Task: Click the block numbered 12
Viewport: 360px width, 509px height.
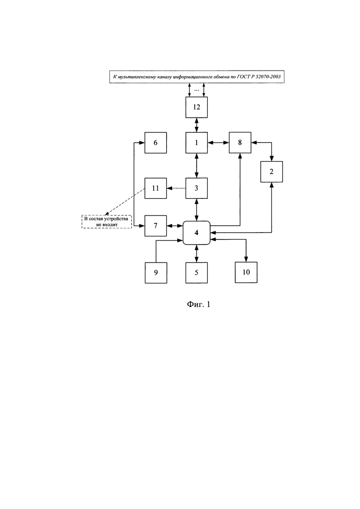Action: click(197, 108)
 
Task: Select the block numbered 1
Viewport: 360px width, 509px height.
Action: click(197, 143)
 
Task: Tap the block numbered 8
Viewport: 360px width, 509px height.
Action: click(240, 143)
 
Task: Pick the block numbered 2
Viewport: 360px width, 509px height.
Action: click(271, 172)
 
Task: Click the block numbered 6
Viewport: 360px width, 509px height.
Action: click(156, 143)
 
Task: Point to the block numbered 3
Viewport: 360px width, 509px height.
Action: click(197, 188)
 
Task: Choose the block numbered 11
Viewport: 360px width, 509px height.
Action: click(156, 188)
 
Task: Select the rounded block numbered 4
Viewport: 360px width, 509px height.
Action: click(197, 233)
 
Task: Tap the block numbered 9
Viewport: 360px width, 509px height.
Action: click(156, 272)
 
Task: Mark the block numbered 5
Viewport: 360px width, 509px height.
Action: click(197, 272)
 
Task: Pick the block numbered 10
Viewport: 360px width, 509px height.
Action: click(246, 272)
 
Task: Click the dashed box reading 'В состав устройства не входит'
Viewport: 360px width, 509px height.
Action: click(107, 222)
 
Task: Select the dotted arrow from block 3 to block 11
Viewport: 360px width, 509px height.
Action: click(176, 188)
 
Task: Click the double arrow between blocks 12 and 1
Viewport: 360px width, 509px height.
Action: click(197, 125)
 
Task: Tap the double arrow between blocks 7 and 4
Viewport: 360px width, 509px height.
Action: click(175, 226)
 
